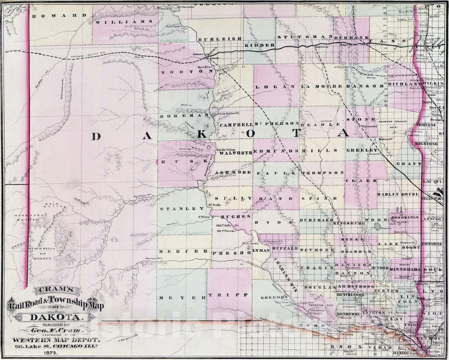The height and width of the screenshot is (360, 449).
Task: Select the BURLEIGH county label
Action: [x=220, y=38]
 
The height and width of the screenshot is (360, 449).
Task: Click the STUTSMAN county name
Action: [x=297, y=37]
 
